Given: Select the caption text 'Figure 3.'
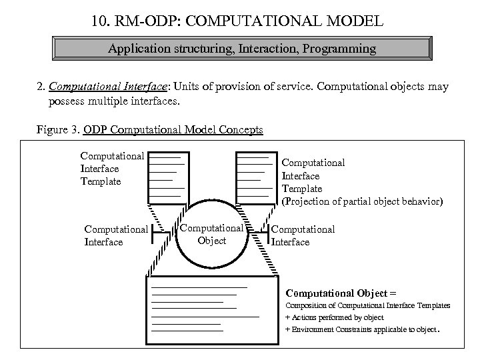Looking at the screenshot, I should coord(58,129).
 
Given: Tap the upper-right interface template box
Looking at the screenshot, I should coord(257,177).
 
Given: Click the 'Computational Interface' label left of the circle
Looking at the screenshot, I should coord(116,235).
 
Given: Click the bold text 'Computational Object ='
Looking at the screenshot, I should coord(341,292).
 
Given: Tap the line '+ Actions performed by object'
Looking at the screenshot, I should coord(334,317).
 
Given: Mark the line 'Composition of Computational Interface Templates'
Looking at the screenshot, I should coord(367,305).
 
